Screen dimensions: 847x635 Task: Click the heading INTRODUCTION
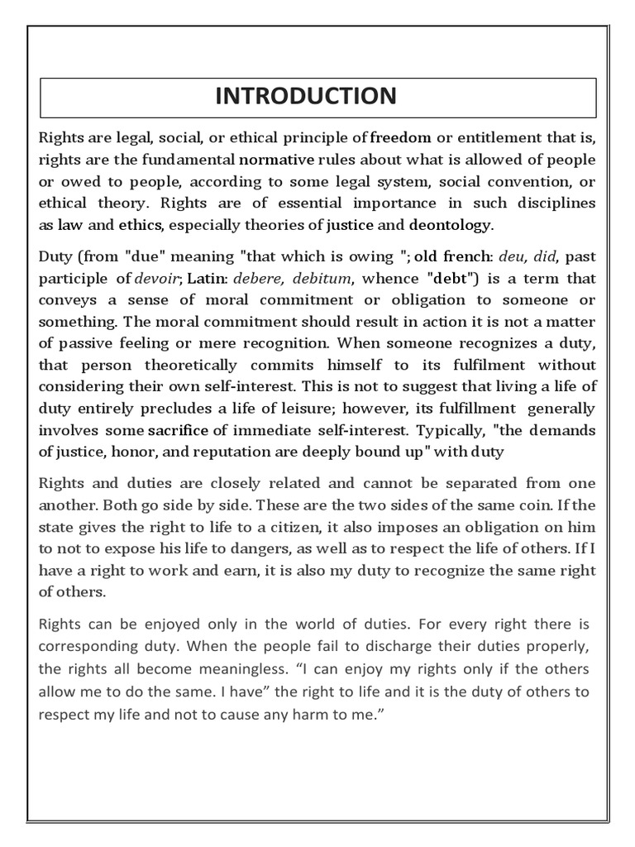pos(306,96)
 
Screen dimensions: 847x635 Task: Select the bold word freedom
pos(401,136)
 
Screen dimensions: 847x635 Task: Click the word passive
pos(83,343)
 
